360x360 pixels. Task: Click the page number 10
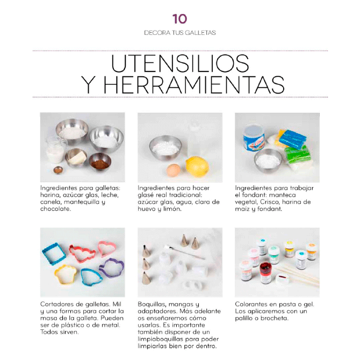[180, 19]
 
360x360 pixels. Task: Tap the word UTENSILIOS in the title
[180, 63]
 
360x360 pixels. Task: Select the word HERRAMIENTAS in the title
[195, 85]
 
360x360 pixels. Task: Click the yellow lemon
[197, 167]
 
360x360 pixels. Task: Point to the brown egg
[174, 170]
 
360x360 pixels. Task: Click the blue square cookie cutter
[54, 254]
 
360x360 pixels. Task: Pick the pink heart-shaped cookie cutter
[107, 248]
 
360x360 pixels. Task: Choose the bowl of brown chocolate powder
[100, 162]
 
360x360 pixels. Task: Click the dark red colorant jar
[265, 273]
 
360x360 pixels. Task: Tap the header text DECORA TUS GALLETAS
[180, 33]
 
